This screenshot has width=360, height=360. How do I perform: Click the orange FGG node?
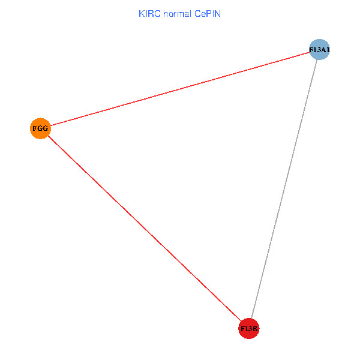click(40, 128)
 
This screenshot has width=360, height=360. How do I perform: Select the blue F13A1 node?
click(319, 50)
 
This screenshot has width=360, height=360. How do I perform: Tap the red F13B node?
click(248, 328)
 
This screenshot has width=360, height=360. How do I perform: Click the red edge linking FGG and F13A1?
click(180, 89)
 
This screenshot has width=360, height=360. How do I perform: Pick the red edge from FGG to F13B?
click(144, 229)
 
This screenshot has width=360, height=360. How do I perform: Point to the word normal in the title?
click(177, 13)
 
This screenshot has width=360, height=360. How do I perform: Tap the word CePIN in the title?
click(208, 13)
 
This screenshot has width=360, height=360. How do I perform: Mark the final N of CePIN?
click(219, 13)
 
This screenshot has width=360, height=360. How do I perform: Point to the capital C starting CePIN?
click(197, 13)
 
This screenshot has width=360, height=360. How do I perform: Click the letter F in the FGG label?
click(34, 128)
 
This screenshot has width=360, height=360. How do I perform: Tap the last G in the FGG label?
click(45, 128)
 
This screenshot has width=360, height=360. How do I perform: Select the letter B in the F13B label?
click(255, 329)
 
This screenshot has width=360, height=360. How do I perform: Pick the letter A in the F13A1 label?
click(322, 50)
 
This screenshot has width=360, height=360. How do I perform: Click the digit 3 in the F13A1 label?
click(317, 50)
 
